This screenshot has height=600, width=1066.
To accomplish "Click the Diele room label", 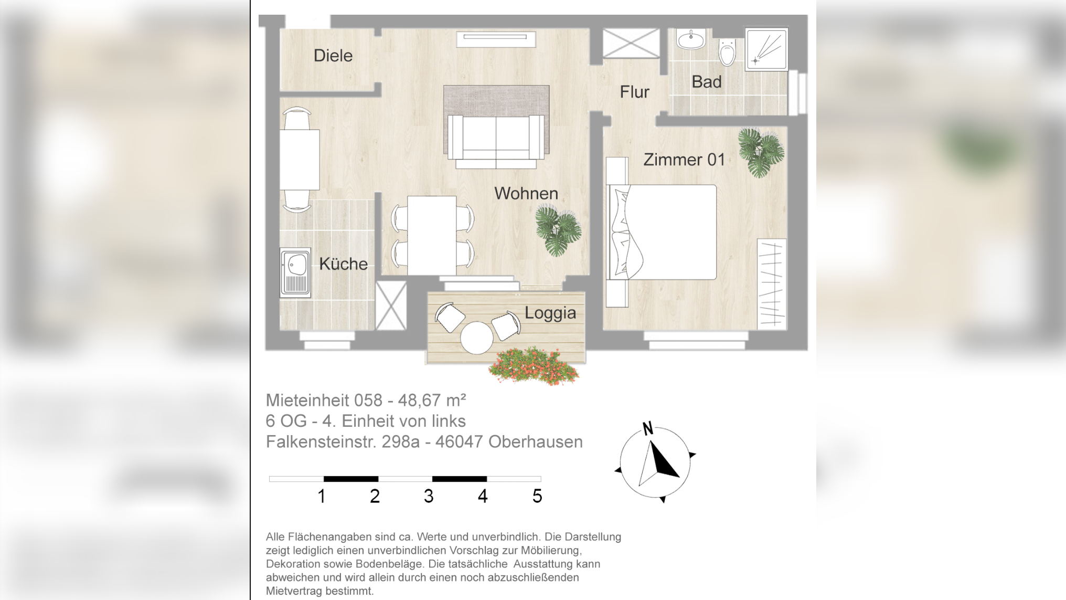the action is coord(333,56).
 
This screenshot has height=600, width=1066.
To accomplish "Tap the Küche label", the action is coord(343,264).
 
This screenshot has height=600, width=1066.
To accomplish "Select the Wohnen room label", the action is coord(526,193).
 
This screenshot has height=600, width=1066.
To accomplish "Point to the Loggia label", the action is coord(550,313).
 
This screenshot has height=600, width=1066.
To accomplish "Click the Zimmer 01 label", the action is coord(684,160).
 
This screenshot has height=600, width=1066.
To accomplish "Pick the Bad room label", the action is coord(706,82).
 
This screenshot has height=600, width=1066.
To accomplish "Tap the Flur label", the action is coord(634,92).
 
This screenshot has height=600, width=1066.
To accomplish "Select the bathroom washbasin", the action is coord(691,39).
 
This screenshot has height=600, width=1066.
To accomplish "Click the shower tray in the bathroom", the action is coord(766,49).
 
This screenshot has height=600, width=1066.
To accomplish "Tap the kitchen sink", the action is coord(295,273).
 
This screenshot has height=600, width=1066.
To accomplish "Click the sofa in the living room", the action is coord(496,138).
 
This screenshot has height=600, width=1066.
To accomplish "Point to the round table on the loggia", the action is coord(476,338).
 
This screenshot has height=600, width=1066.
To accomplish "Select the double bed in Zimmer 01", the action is coord(662,232).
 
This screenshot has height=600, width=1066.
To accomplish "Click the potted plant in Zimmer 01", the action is coord(761,152).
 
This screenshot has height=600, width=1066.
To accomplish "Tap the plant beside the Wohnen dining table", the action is coord(558,230).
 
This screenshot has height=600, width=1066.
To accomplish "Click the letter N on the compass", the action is coord(648,429).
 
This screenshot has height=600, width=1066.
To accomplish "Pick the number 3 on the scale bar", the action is coord(429,496).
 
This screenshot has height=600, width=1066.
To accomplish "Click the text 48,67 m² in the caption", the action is coord(432,401).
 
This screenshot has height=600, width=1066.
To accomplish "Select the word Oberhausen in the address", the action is coord(535,442).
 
